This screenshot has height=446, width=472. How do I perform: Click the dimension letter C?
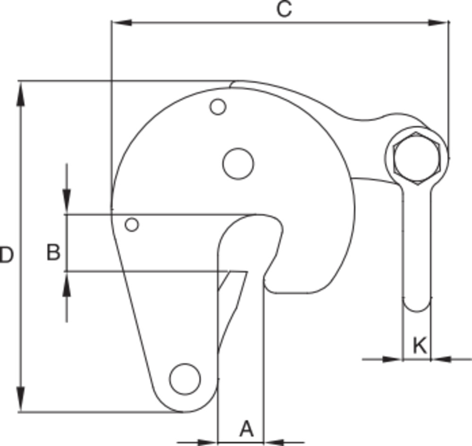pyautogui.click(x=284, y=9)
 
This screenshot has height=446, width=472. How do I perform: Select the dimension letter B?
pyautogui.click(x=53, y=252)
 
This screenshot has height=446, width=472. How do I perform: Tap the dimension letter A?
pyautogui.click(x=246, y=429)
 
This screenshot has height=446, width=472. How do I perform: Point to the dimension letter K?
pyautogui.click(x=420, y=346)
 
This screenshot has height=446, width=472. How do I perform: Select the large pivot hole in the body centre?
pyautogui.click(x=238, y=164)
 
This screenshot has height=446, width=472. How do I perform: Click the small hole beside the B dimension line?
pyautogui.click(x=132, y=225)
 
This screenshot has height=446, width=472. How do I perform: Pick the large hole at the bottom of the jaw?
pyautogui.click(x=185, y=379)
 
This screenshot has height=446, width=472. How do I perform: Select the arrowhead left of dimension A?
pyautogui.click(x=208, y=443)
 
